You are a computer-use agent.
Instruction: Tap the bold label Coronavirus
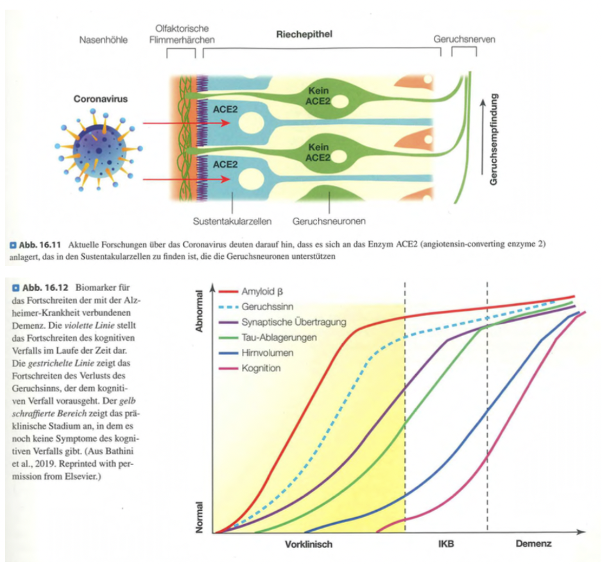pos(100,100)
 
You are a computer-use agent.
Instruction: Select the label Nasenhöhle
pos(103,40)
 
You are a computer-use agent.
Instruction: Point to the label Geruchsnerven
pos(464,40)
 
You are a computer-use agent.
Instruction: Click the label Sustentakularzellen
pos(232,222)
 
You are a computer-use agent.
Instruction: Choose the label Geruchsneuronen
pos(329,222)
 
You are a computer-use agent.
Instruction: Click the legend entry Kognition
pos(261,368)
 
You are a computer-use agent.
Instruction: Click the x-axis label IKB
pos(446,544)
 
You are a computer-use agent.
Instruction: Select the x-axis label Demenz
pos(533,544)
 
